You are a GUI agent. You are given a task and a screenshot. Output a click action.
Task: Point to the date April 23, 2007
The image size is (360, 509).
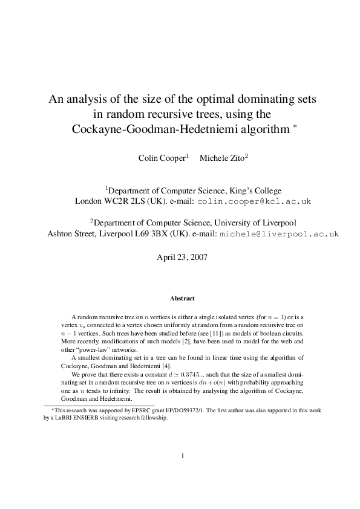tap(182, 257)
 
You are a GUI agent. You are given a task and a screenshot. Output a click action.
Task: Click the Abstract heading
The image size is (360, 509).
tap(182, 298)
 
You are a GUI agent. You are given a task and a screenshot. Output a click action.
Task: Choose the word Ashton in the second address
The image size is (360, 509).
tap(61, 233)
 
